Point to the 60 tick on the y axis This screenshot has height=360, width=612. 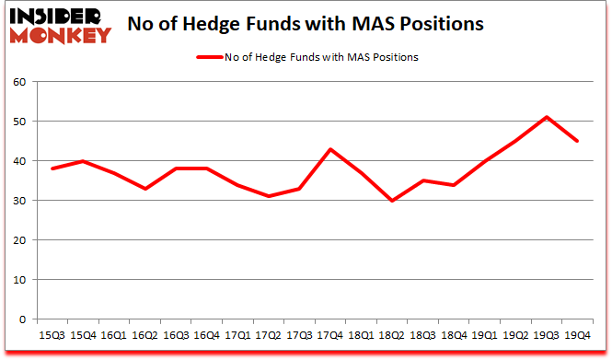[x=19, y=82]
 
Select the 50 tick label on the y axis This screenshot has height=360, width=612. [x=19, y=122]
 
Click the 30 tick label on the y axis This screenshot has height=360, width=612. [x=19, y=201]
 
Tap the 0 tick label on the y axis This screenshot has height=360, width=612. [x=23, y=319]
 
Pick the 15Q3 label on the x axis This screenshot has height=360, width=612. [x=52, y=335]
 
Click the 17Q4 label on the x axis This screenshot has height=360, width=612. [x=329, y=335]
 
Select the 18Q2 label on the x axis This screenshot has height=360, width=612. [x=393, y=335]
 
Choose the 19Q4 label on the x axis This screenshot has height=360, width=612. [x=577, y=335]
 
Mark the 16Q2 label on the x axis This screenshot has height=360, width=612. [x=145, y=335]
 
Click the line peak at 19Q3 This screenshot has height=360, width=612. [x=547, y=117]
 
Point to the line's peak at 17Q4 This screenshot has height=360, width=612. [x=329, y=149]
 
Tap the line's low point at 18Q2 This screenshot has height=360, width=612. [x=393, y=201]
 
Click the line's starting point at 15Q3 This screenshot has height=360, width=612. [x=52, y=168]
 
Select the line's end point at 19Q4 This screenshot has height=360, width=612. [x=577, y=141]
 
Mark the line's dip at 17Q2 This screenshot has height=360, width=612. [x=269, y=196]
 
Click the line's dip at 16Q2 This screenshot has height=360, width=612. [x=145, y=189]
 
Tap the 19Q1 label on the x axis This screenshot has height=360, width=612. [x=485, y=335]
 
